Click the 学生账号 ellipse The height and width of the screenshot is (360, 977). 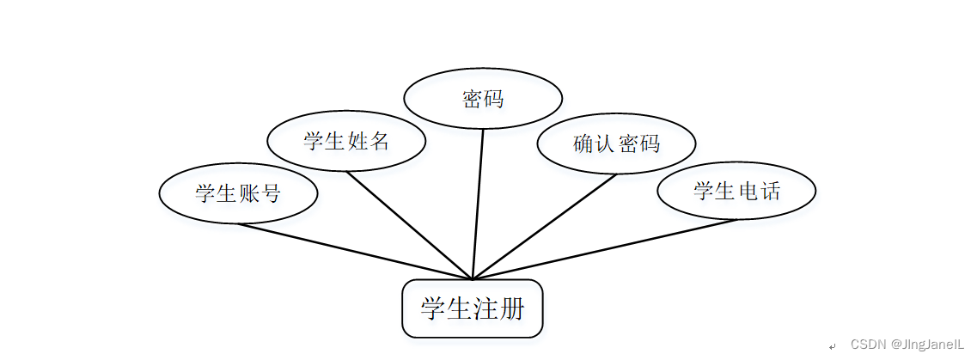(238, 193)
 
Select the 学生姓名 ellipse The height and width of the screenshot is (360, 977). (346, 141)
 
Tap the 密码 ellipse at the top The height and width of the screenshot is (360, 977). (482, 99)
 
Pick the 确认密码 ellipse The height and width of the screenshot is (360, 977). (616, 143)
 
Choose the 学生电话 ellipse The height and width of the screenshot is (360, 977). (736, 191)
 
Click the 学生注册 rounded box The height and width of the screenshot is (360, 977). (473, 308)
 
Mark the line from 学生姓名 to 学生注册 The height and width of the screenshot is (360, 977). (409, 225)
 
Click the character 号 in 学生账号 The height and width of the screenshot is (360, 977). (271, 193)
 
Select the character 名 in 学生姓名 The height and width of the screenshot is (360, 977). (380, 141)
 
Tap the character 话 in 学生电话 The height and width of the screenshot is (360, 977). (770, 191)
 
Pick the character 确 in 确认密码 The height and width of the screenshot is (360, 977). (583, 143)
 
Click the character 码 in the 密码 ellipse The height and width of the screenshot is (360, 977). (493, 99)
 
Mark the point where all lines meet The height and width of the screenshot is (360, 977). (473, 279)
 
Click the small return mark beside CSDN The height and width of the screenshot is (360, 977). (832, 345)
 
